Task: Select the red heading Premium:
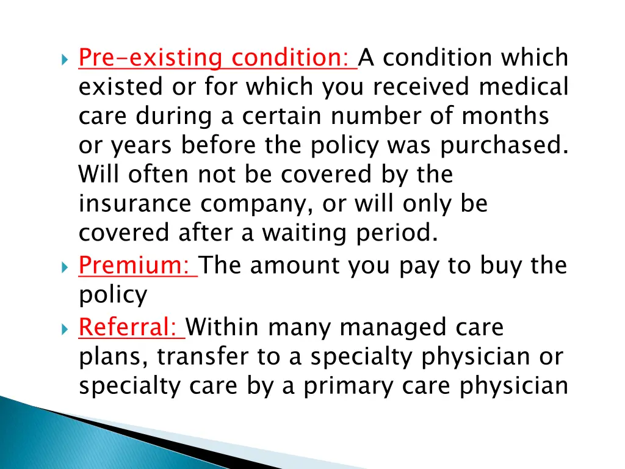137,266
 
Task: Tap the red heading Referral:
131,328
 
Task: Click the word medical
523,87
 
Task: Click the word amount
295,266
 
